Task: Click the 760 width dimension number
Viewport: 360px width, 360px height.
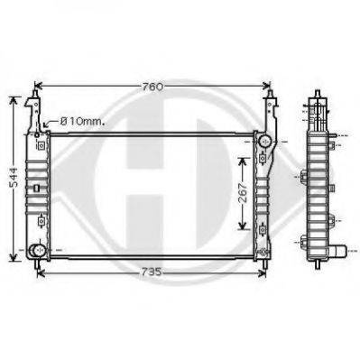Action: click(152, 87)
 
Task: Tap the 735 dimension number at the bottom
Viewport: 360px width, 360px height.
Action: click(151, 272)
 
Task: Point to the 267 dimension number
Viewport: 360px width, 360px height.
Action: click(243, 192)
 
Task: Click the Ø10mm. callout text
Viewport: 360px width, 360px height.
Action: click(82, 122)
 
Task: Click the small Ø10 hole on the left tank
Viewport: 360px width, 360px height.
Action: click(37, 135)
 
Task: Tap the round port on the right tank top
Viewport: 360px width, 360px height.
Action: click(265, 141)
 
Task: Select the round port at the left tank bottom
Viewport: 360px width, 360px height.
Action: click(38, 250)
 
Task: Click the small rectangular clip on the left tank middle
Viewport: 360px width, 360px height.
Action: click(36, 188)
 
